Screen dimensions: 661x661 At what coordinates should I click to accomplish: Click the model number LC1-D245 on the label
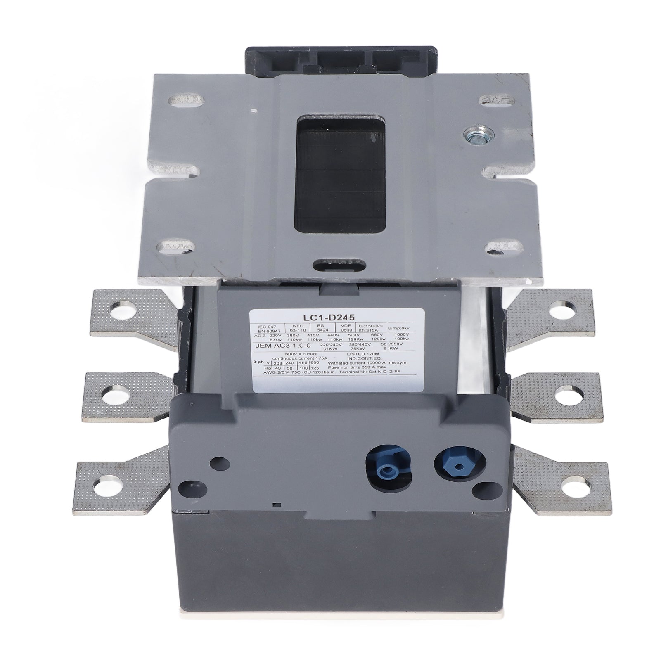[x=338, y=317]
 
